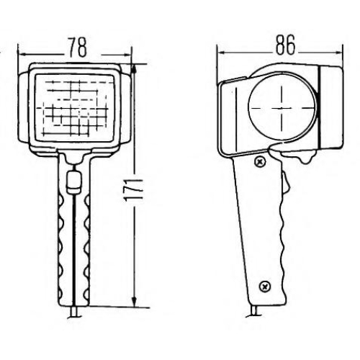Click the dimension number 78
click(78, 47)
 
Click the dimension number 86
click(285, 45)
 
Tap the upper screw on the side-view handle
click(260, 162)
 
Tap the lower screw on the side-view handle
click(265, 287)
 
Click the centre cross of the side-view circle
click(282, 108)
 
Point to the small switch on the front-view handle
click(73, 182)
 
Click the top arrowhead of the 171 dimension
click(135, 69)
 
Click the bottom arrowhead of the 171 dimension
click(135, 302)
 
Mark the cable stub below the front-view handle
click(73, 312)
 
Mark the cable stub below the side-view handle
click(254, 312)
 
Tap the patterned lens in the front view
click(74, 108)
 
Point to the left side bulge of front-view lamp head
click(24, 107)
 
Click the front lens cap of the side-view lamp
click(330, 107)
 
